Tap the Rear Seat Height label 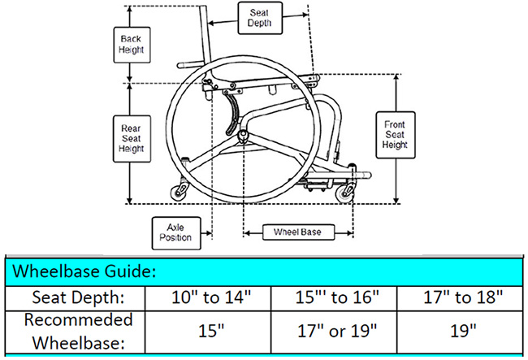point(132,139)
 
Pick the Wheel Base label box point(297,232)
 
